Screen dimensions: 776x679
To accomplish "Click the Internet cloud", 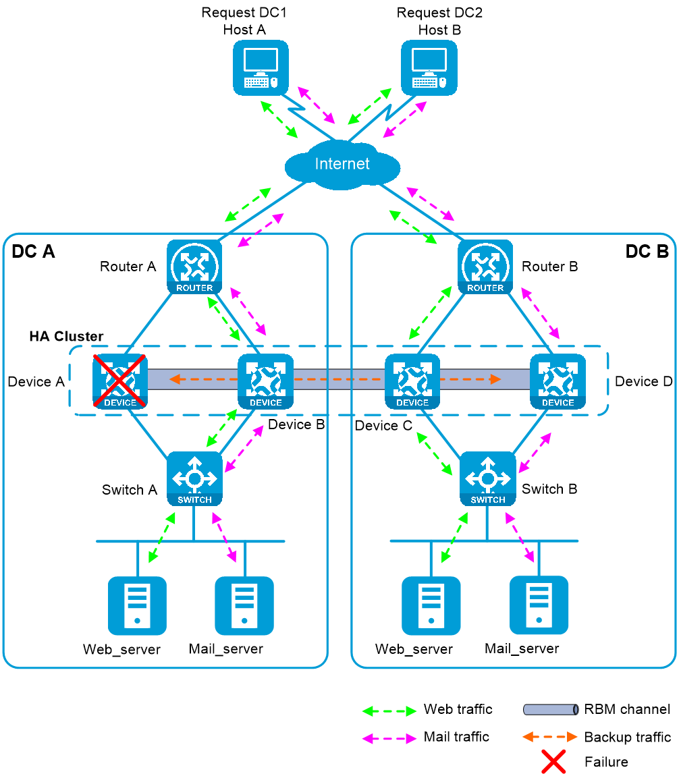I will coord(342,165).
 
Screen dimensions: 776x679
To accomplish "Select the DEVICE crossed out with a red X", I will coord(120,381).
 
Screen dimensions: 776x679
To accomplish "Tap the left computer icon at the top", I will coord(261,67).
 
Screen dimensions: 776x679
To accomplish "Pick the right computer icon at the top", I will coord(429,67).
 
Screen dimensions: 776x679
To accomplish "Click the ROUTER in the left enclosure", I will coord(194,267).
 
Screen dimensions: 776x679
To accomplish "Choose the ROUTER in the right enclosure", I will coord(485,267).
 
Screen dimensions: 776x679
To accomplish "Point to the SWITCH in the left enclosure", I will coord(194,478).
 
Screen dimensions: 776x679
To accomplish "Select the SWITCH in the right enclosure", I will coord(487,478).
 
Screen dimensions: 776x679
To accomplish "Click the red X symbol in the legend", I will coord(553,761).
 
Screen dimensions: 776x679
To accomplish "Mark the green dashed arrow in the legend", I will coord(389,711).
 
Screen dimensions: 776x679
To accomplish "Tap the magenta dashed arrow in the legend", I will coord(389,739).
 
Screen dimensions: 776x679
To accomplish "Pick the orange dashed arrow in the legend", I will coord(550,736).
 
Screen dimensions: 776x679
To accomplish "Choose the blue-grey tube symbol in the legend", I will coord(551,710).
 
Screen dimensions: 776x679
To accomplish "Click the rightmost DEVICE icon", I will coord(558,381).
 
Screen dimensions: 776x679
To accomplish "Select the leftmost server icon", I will coord(137,605).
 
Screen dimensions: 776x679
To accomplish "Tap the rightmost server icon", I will coord(539,605).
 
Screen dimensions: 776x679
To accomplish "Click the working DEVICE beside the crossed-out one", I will coord(265,381).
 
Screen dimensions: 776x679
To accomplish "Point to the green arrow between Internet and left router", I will coord(248,204).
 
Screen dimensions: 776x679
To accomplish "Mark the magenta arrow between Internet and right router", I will coord(430,204).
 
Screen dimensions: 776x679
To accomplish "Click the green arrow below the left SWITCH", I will coord(162,537).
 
